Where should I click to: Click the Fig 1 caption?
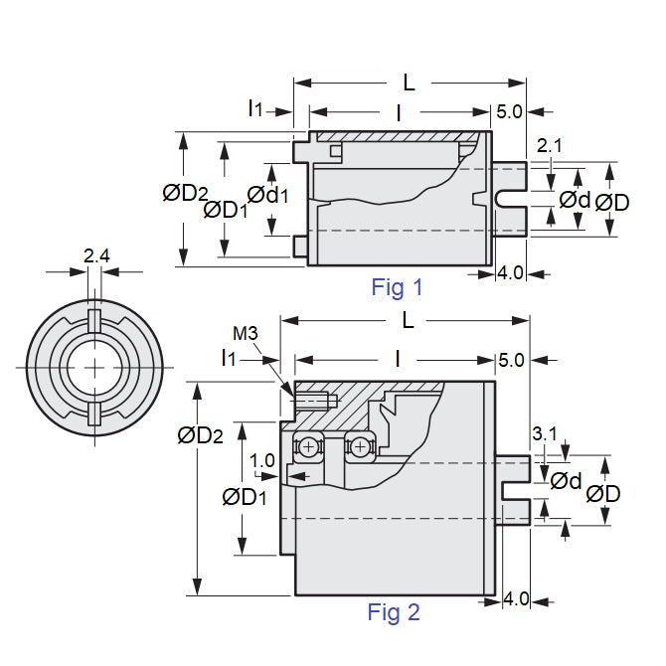coord(397,288)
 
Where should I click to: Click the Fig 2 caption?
coord(394,612)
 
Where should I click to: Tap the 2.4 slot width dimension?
coord(96,257)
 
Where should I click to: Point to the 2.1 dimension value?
coord(549,146)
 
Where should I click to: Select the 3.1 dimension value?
coord(545,434)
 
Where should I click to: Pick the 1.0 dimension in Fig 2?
coord(262,460)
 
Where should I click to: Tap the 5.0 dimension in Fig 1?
coord(509,112)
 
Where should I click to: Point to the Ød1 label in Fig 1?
coord(267,196)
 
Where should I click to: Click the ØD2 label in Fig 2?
coord(200,434)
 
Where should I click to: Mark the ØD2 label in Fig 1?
coord(185,194)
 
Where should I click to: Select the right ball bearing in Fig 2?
coord(356,447)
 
